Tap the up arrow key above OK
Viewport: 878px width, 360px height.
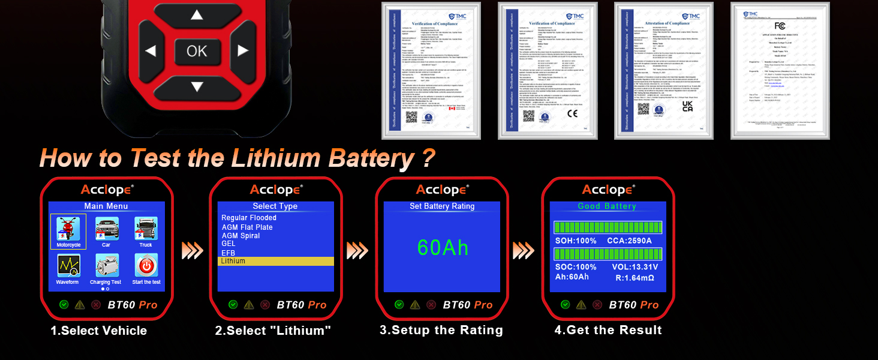[197, 15]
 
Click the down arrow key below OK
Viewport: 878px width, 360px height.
[197, 86]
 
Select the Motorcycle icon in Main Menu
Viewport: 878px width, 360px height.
[68, 231]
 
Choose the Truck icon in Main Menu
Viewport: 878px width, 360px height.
[146, 231]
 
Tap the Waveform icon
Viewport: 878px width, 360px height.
[68, 268]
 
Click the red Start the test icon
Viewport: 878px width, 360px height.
[146, 268]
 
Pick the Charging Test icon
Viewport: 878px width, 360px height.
[106, 268]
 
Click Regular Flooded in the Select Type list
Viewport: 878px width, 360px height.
[249, 218]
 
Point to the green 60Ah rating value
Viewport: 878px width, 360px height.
[443, 248]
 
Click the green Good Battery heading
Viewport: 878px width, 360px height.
[607, 206]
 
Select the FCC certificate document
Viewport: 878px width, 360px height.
[780, 71]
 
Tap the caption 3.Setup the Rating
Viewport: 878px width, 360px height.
[441, 330]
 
